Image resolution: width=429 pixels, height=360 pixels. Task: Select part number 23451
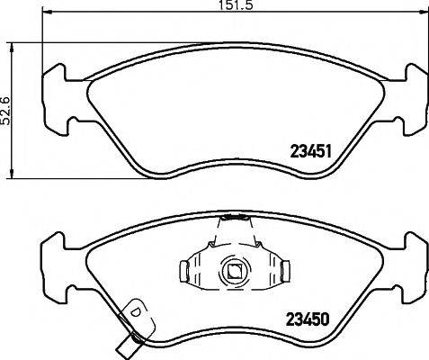point(311,152)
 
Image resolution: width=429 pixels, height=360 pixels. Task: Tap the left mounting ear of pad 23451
point(57,94)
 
